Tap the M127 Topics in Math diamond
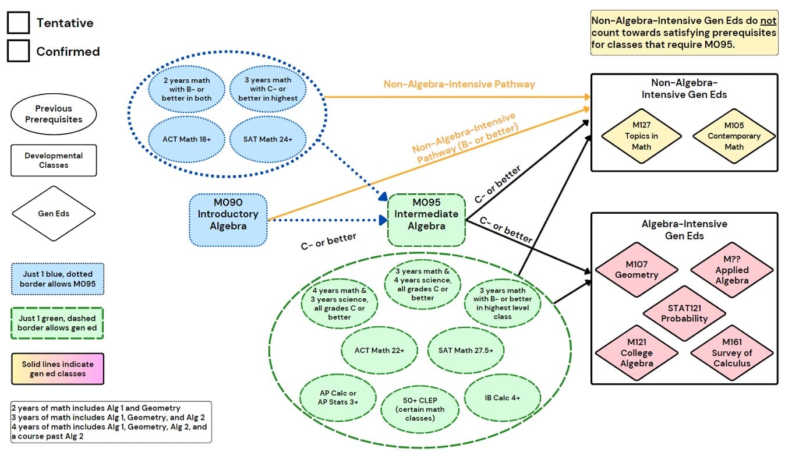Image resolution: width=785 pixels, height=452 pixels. point(641,136)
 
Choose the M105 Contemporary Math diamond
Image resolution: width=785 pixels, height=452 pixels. point(734,136)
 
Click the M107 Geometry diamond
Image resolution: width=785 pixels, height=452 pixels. point(637,270)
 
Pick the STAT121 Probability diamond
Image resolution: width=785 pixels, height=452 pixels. point(684,313)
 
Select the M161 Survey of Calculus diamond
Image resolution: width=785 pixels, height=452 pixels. point(731,352)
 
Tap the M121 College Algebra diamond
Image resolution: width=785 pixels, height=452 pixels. point(637,352)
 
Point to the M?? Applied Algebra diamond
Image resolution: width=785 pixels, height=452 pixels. point(731,270)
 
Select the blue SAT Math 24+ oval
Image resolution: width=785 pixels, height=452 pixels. point(268,139)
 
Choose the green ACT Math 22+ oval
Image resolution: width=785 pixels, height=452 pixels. point(379,350)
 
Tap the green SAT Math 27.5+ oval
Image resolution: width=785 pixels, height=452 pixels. point(465,350)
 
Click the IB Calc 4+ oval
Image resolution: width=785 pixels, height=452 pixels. point(502,398)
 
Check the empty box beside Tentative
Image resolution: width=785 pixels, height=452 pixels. point(18,23)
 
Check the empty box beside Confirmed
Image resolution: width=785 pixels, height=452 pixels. point(18,51)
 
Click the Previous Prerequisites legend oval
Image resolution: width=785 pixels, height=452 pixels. point(54,114)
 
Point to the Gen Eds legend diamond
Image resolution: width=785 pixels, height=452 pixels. point(54,214)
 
